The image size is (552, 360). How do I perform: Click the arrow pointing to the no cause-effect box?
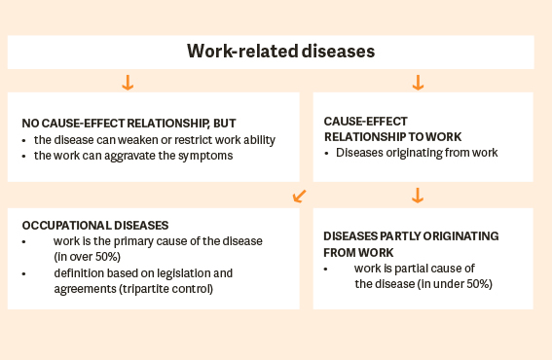[x=127, y=82]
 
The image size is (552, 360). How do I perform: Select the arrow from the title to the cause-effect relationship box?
[x=418, y=82]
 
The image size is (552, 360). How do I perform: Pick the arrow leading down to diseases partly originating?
[x=418, y=196]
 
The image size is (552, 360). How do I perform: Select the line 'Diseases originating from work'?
[x=414, y=153]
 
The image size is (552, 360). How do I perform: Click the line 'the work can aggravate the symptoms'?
[x=133, y=156]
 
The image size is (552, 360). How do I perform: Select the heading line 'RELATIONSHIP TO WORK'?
[x=392, y=137]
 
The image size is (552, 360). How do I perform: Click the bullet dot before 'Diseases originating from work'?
[x=327, y=153]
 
